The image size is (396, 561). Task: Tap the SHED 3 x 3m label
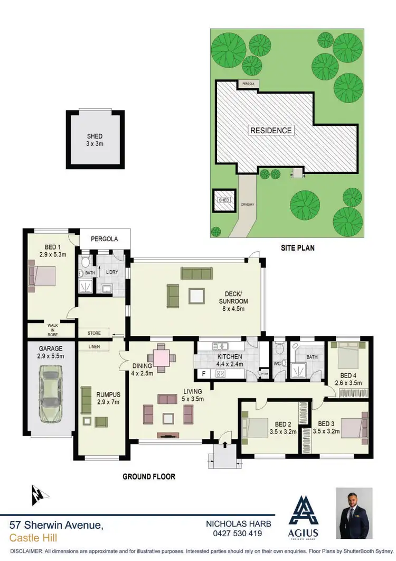click(95, 140)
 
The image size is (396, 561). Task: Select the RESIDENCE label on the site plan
click(270, 130)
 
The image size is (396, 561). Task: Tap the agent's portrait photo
click(354, 513)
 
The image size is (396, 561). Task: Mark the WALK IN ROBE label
click(53, 330)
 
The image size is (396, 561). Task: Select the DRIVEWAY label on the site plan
click(248, 202)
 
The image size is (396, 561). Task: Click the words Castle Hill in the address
click(33, 538)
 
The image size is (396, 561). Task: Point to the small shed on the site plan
click(224, 200)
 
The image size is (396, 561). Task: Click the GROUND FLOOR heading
click(149, 476)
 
